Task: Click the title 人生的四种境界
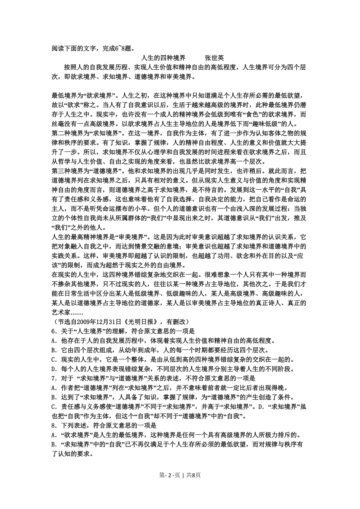pos(163,58)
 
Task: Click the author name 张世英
pos(214,58)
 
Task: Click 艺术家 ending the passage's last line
pos(61,312)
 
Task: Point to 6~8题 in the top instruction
pos(122,48)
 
